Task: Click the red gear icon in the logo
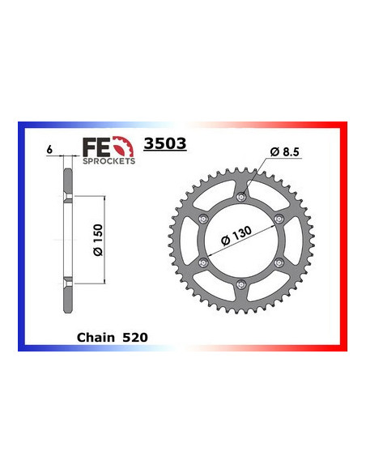pos(120,147)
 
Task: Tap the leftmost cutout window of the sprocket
pos(196,240)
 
